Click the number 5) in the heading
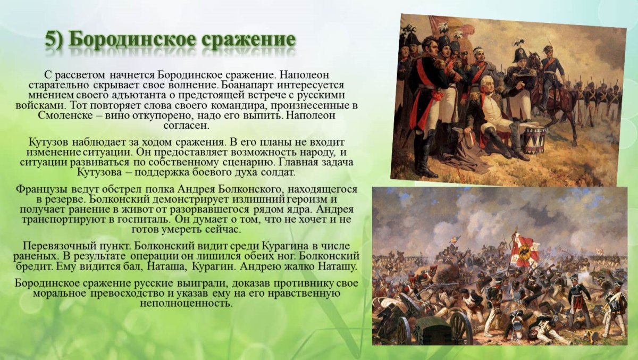(x=54, y=40)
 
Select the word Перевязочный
(x=57, y=246)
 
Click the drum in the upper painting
(x=533, y=139)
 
